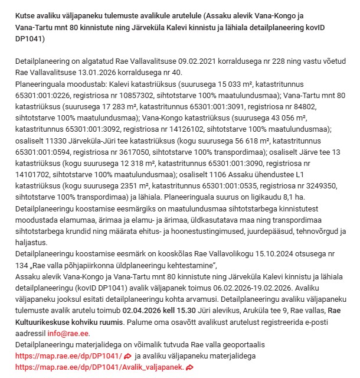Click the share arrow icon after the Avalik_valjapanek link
[x=189, y=367]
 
